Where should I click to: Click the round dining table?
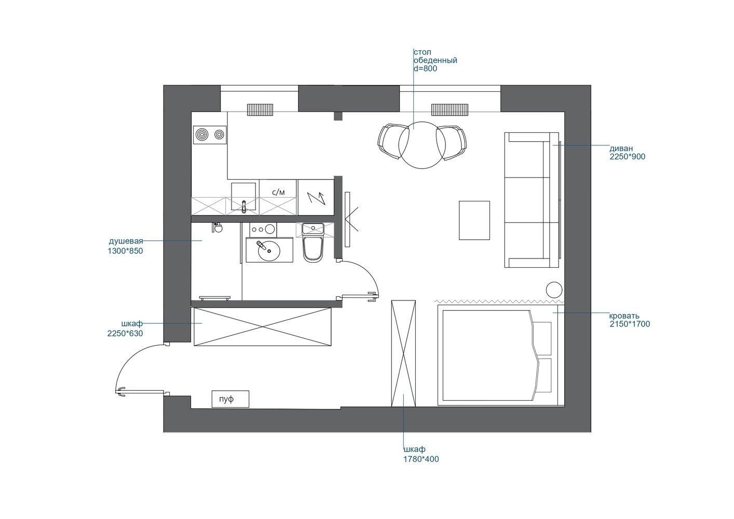(x=422, y=145)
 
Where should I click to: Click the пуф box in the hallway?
(x=230, y=399)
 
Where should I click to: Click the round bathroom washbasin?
(x=269, y=251)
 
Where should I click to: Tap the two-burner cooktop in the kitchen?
(x=210, y=134)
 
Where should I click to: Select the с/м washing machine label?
(x=279, y=193)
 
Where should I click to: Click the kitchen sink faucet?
(x=243, y=207)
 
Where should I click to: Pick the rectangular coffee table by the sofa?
(x=474, y=221)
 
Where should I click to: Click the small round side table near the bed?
(x=554, y=290)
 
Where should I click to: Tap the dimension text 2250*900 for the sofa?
(x=627, y=157)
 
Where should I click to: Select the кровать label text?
(x=624, y=316)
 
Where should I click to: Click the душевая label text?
(x=126, y=241)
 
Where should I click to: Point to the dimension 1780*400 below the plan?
(x=421, y=459)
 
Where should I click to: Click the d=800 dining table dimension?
(x=425, y=69)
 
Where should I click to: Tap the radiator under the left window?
(x=260, y=110)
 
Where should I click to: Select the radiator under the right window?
(x=450, y=110)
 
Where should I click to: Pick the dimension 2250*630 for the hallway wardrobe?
(x=125, y=333)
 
